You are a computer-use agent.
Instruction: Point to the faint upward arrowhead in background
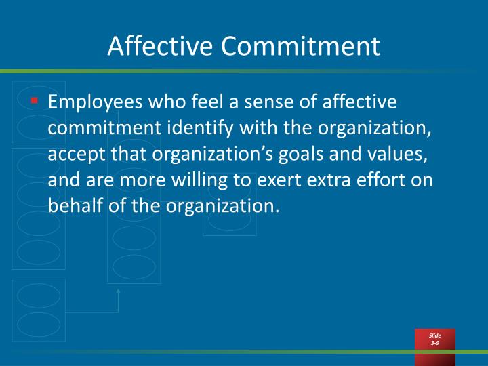point(118,291)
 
